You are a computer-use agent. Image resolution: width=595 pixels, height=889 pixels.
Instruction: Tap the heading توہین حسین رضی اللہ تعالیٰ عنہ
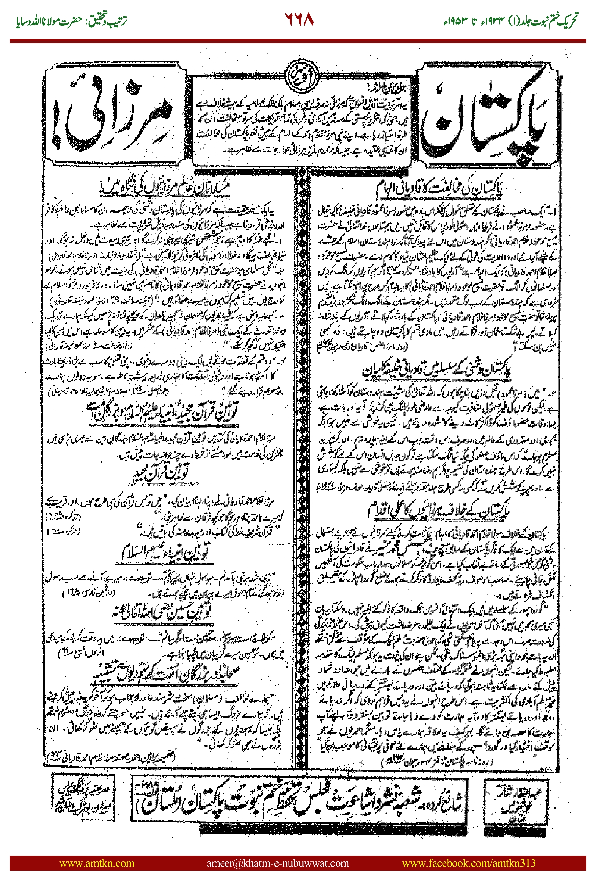[163, 612]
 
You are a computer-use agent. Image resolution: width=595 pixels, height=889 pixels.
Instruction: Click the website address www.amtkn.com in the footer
[97, 863]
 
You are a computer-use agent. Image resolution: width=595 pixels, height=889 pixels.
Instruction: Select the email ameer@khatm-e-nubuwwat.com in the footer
[277, 863]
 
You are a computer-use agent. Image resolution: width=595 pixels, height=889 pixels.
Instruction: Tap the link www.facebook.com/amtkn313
[469, 863]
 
